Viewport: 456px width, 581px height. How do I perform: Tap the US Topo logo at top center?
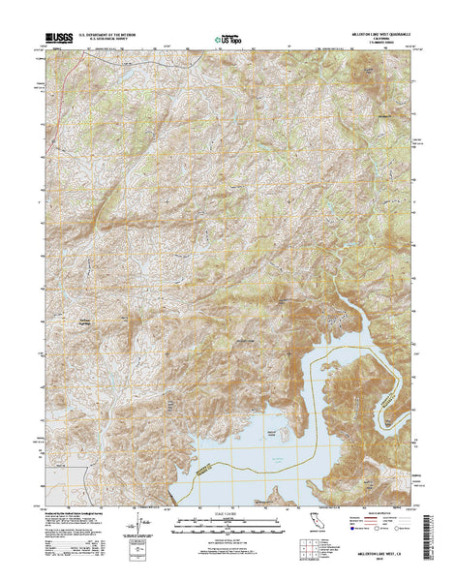point(228,40)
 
